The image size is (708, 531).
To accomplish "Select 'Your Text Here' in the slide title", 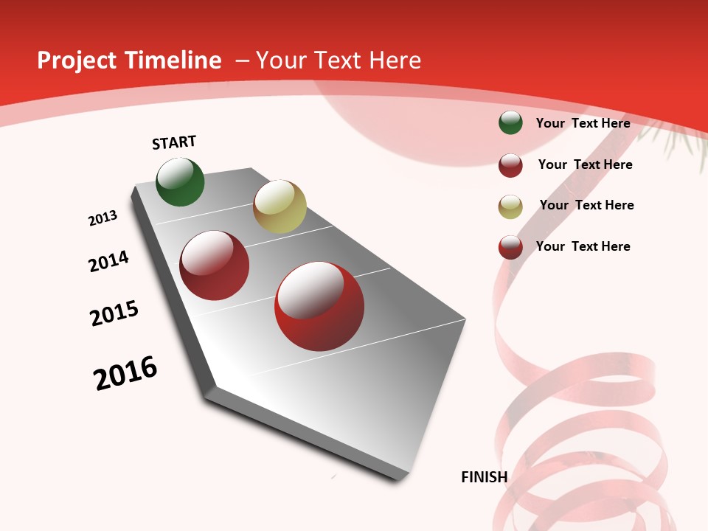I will point(339,60).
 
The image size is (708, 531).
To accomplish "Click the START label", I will point(174,142).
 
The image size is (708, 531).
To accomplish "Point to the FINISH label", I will point(484,477).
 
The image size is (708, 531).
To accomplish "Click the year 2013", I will point(103,218).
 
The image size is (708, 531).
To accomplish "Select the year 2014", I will point(108,261).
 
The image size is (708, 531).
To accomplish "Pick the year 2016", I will point(125,373).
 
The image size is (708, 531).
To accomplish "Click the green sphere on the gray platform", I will point(180,182).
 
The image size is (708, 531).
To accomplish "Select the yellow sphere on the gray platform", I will point(280,206).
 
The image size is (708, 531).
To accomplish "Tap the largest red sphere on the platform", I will point(319,306).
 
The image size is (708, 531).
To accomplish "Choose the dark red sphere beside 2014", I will point(215,265).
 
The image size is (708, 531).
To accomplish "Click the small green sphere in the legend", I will point(510,123).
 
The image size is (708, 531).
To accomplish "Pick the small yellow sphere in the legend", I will point(510,206).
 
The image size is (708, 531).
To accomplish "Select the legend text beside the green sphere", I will point(583,123).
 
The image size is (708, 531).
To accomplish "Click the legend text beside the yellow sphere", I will point(586,205).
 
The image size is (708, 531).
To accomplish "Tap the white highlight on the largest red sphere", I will point(310,290).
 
